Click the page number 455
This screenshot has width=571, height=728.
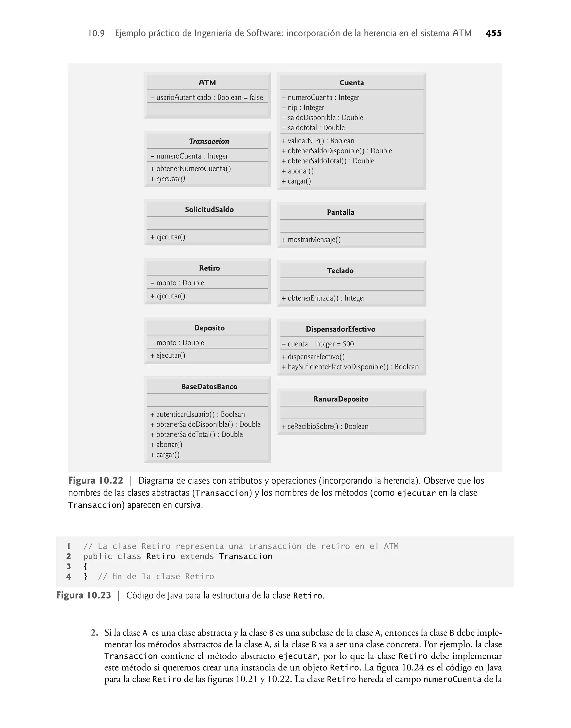(x=493, y=33)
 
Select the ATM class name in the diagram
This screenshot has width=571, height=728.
(x=207, y=83)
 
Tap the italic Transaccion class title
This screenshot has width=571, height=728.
(x=209, y=141)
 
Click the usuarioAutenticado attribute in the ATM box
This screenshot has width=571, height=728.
(x=207, y=98)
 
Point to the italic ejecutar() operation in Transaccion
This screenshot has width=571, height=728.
(x=168, y=179)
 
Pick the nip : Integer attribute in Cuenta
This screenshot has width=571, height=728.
(x=303, y=108)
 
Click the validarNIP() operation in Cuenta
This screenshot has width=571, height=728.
(x=318, y=141)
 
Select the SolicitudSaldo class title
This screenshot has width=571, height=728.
(x=209, y=210)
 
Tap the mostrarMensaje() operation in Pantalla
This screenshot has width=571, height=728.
(x=311, y=240)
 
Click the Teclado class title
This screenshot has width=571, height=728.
(x=340, y=271)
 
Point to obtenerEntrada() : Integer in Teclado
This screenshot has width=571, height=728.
(x=323, y=298)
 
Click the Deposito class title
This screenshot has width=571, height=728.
(x=209, y=328)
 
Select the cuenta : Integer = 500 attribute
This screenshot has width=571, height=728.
(x=318, y=344)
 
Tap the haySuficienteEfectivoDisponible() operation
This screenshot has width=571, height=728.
(x=350, y=367)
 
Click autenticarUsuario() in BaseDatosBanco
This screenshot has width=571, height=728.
(x=198, y=415)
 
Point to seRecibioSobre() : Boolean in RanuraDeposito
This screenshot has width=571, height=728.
(x=325, y=427)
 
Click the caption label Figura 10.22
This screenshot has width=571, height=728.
(x=96, y=481)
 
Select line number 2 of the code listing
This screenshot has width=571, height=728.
(x=69, y=556)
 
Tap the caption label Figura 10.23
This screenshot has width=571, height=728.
(x=84, y=595)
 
